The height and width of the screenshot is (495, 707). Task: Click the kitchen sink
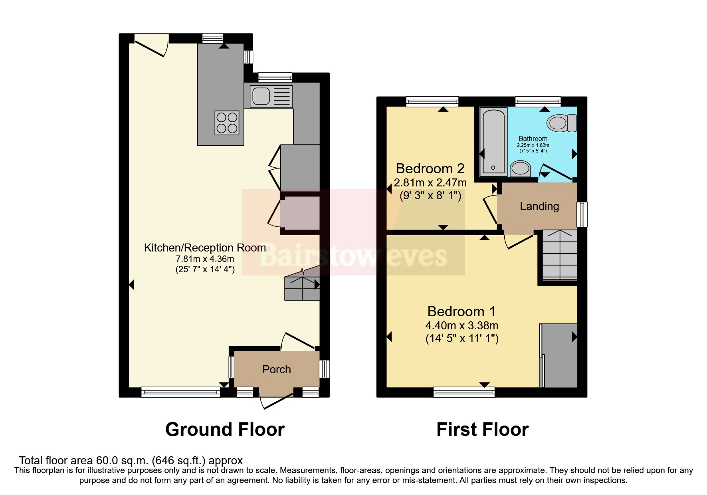pos(271,96)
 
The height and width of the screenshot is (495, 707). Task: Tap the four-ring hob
pos(227,123)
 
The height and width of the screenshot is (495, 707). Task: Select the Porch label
pos(276,369)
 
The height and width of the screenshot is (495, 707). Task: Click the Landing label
pos(539,206)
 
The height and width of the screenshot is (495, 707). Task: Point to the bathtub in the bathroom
pos(493,142)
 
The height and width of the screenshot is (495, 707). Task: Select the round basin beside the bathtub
pos(520,168)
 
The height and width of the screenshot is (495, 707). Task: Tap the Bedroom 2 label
pos(430,168)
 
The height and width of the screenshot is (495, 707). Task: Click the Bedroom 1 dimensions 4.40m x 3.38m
pos(461,325)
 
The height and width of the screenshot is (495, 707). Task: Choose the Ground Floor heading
pos(225,430)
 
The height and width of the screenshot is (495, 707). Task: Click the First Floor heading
pos(482,430)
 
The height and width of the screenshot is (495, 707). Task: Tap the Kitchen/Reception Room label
pos(205,247)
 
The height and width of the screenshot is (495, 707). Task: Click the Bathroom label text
pos(533,139)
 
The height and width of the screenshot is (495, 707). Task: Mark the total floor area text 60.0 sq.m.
pos(131,460)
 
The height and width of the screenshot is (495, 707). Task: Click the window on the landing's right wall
pos(582,214)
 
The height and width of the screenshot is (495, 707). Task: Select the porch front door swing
pos(275,399)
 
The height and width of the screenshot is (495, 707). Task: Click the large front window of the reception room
pos(180,392)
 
